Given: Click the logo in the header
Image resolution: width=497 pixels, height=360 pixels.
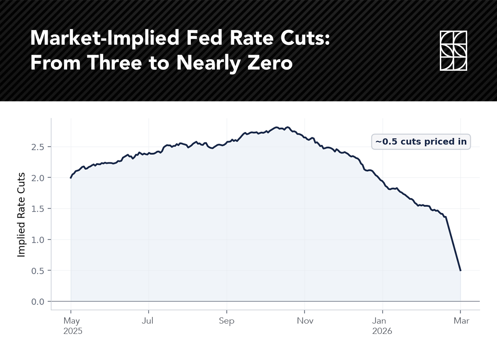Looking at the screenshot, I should (x=453, y=50).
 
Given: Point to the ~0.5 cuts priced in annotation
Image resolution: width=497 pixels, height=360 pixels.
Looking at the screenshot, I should (x=421, y=142).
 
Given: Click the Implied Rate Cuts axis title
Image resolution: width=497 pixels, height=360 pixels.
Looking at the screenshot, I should (x=22, y=214).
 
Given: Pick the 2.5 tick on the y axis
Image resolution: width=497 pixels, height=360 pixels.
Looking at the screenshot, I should (x=38, y=147).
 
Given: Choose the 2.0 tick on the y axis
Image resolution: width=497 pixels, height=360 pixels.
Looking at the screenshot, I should (x=38, y=178).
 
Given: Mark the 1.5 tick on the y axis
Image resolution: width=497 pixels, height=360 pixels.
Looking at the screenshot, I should (x=38, y=209).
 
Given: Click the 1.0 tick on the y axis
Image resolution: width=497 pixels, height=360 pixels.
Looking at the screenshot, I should (x=38, y=240).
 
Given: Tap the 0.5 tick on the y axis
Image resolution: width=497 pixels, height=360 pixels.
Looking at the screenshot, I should (x=38, y=271).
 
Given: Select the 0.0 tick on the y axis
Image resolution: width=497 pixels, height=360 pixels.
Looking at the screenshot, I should (x=38, y=302).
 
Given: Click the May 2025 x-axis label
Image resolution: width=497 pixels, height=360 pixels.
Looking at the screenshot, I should (x=72, y=326).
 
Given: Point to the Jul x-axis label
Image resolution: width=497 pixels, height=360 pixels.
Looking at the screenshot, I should (x=148, y=321).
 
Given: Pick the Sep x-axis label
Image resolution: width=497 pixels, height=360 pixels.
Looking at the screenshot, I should (x=227, y=321).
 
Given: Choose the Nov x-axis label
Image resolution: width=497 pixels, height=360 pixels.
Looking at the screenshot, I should (x=304, y=321).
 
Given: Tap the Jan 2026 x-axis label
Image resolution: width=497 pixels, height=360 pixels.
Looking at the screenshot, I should (x=382, y=326).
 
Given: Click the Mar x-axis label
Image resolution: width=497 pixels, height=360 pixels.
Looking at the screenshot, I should (x=461, y=321).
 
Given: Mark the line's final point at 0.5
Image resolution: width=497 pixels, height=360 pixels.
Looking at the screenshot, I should (x=460, y=271).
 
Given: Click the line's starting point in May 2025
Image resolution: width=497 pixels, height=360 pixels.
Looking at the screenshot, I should (x=71, y=178).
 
